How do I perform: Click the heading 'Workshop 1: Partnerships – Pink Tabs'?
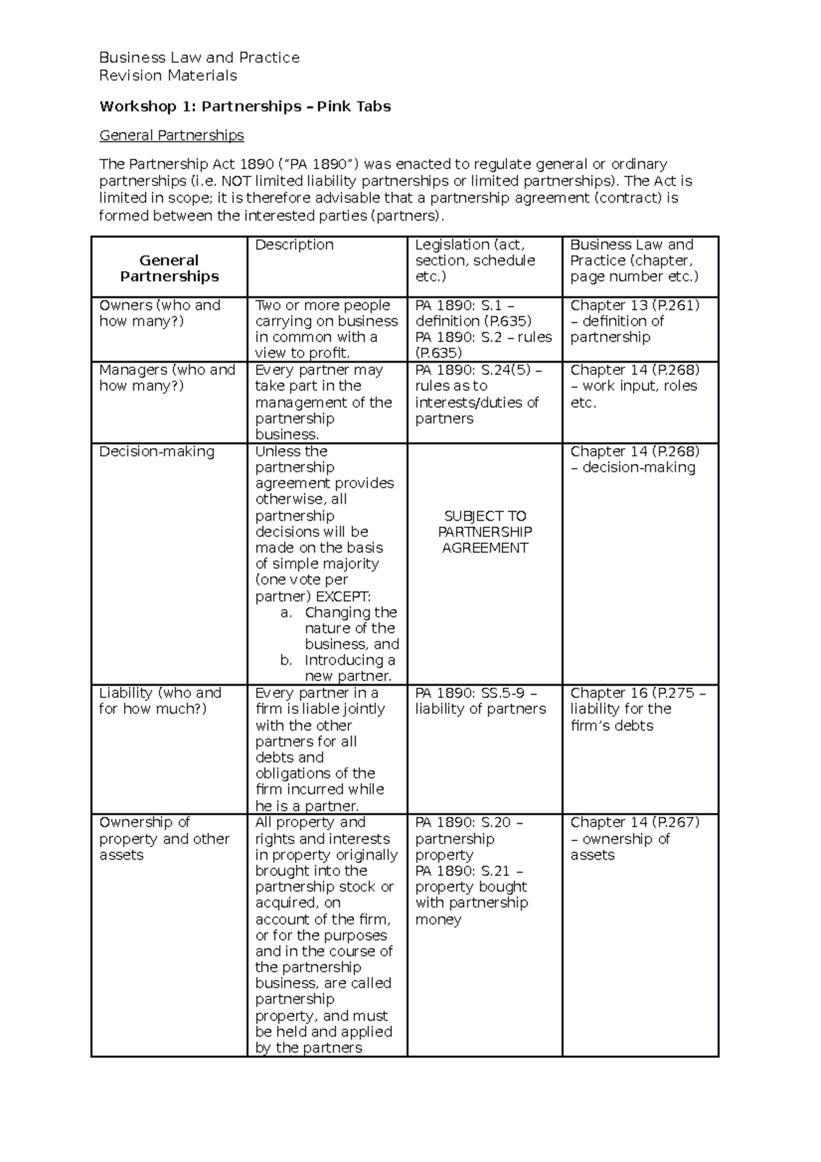[x=245, y=106]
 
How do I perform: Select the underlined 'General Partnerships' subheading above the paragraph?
[x=172, y=135]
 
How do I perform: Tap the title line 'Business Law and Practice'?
[x=199, y=57]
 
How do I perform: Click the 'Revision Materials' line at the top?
[x=168, y=75]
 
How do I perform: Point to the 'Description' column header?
[x=294, y=245]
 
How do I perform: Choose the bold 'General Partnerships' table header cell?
[x=169, y=268]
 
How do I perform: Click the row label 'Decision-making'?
[x=157, y=452]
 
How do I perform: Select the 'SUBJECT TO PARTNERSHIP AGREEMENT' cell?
[x=484, y=532]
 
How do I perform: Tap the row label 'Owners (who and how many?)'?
[x=159, y=313]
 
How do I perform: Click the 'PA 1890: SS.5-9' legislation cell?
[x=480, y=701]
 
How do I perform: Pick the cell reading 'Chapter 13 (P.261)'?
[x=634, y=321]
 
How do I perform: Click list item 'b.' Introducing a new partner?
[x=339, y=668]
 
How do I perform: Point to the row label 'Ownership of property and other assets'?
[x=164, y=838]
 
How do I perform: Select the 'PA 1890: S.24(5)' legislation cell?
[x=478, y=394]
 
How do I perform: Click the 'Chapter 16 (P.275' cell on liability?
[x=637, y=709]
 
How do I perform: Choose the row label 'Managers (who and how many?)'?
[x=167, y=378]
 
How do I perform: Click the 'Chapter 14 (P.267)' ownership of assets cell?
[x=634, y=838]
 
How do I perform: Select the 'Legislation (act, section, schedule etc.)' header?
[x=475, y=260]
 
